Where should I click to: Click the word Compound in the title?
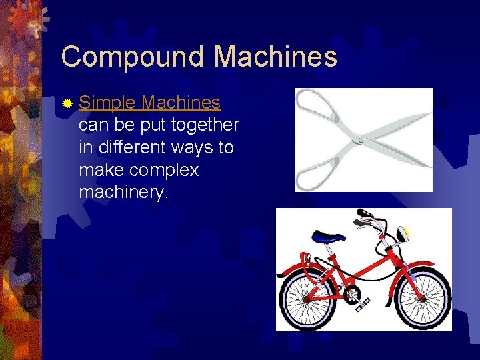click(x=133, y=57)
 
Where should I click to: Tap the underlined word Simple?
click(x=107, y=103)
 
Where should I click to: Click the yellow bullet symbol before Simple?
click(x=67, y=104)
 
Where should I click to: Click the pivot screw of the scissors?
click(x=360, y=140)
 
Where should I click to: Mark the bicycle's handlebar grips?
click(x=364, y=217)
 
